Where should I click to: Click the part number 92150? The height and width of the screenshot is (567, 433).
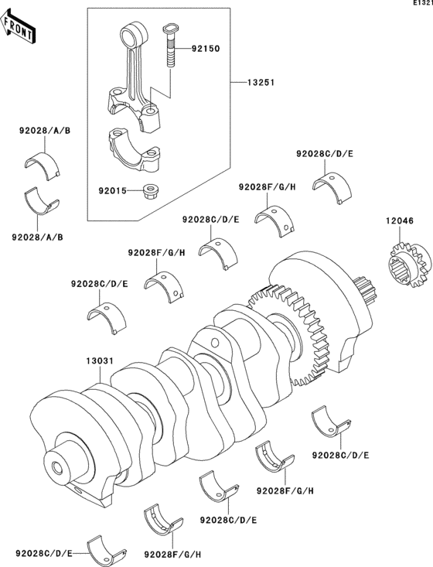pos(205,48)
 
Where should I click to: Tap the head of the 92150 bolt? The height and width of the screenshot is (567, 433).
pos(169,29)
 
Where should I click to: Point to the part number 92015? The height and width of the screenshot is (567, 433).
pos(113,188)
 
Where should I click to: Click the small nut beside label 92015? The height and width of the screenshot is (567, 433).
pos(152,190)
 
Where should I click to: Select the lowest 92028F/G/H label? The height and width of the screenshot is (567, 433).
pos(172,555)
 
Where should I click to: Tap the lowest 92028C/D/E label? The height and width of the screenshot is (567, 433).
pos(43,554)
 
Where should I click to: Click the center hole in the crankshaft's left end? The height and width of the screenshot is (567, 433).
pos(56,468)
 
